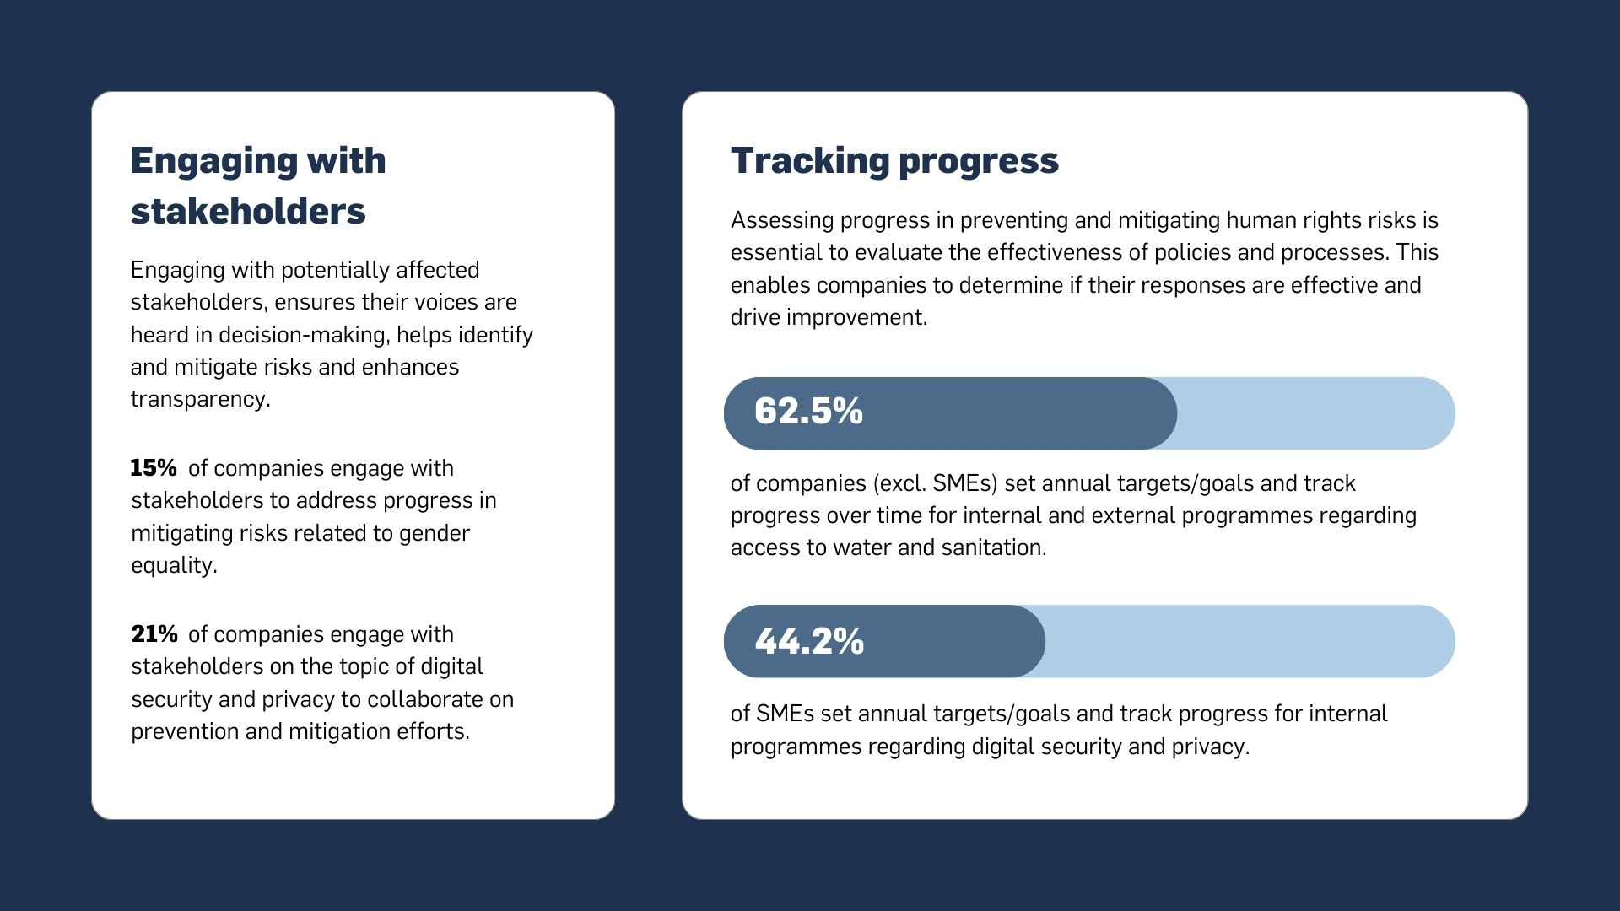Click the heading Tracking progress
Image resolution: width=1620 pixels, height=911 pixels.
click(x=894, y=160)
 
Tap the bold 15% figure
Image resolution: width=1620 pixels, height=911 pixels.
click(x=154, y=468)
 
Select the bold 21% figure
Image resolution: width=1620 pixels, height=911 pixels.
click(x=154, y=634)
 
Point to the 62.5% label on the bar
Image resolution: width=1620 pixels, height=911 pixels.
click(x=808, y=412)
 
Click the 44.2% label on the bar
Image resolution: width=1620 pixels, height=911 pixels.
click(x=809, y=641)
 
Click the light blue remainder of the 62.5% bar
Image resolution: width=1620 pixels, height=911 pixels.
click(x=1316, y=413)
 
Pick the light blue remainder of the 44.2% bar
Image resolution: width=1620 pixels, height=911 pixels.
click(x=1249, y=641)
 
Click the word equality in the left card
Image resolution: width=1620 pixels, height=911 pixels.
click(x=172, y=565)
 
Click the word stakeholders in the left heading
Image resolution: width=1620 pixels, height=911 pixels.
click(x=248, y=211)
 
